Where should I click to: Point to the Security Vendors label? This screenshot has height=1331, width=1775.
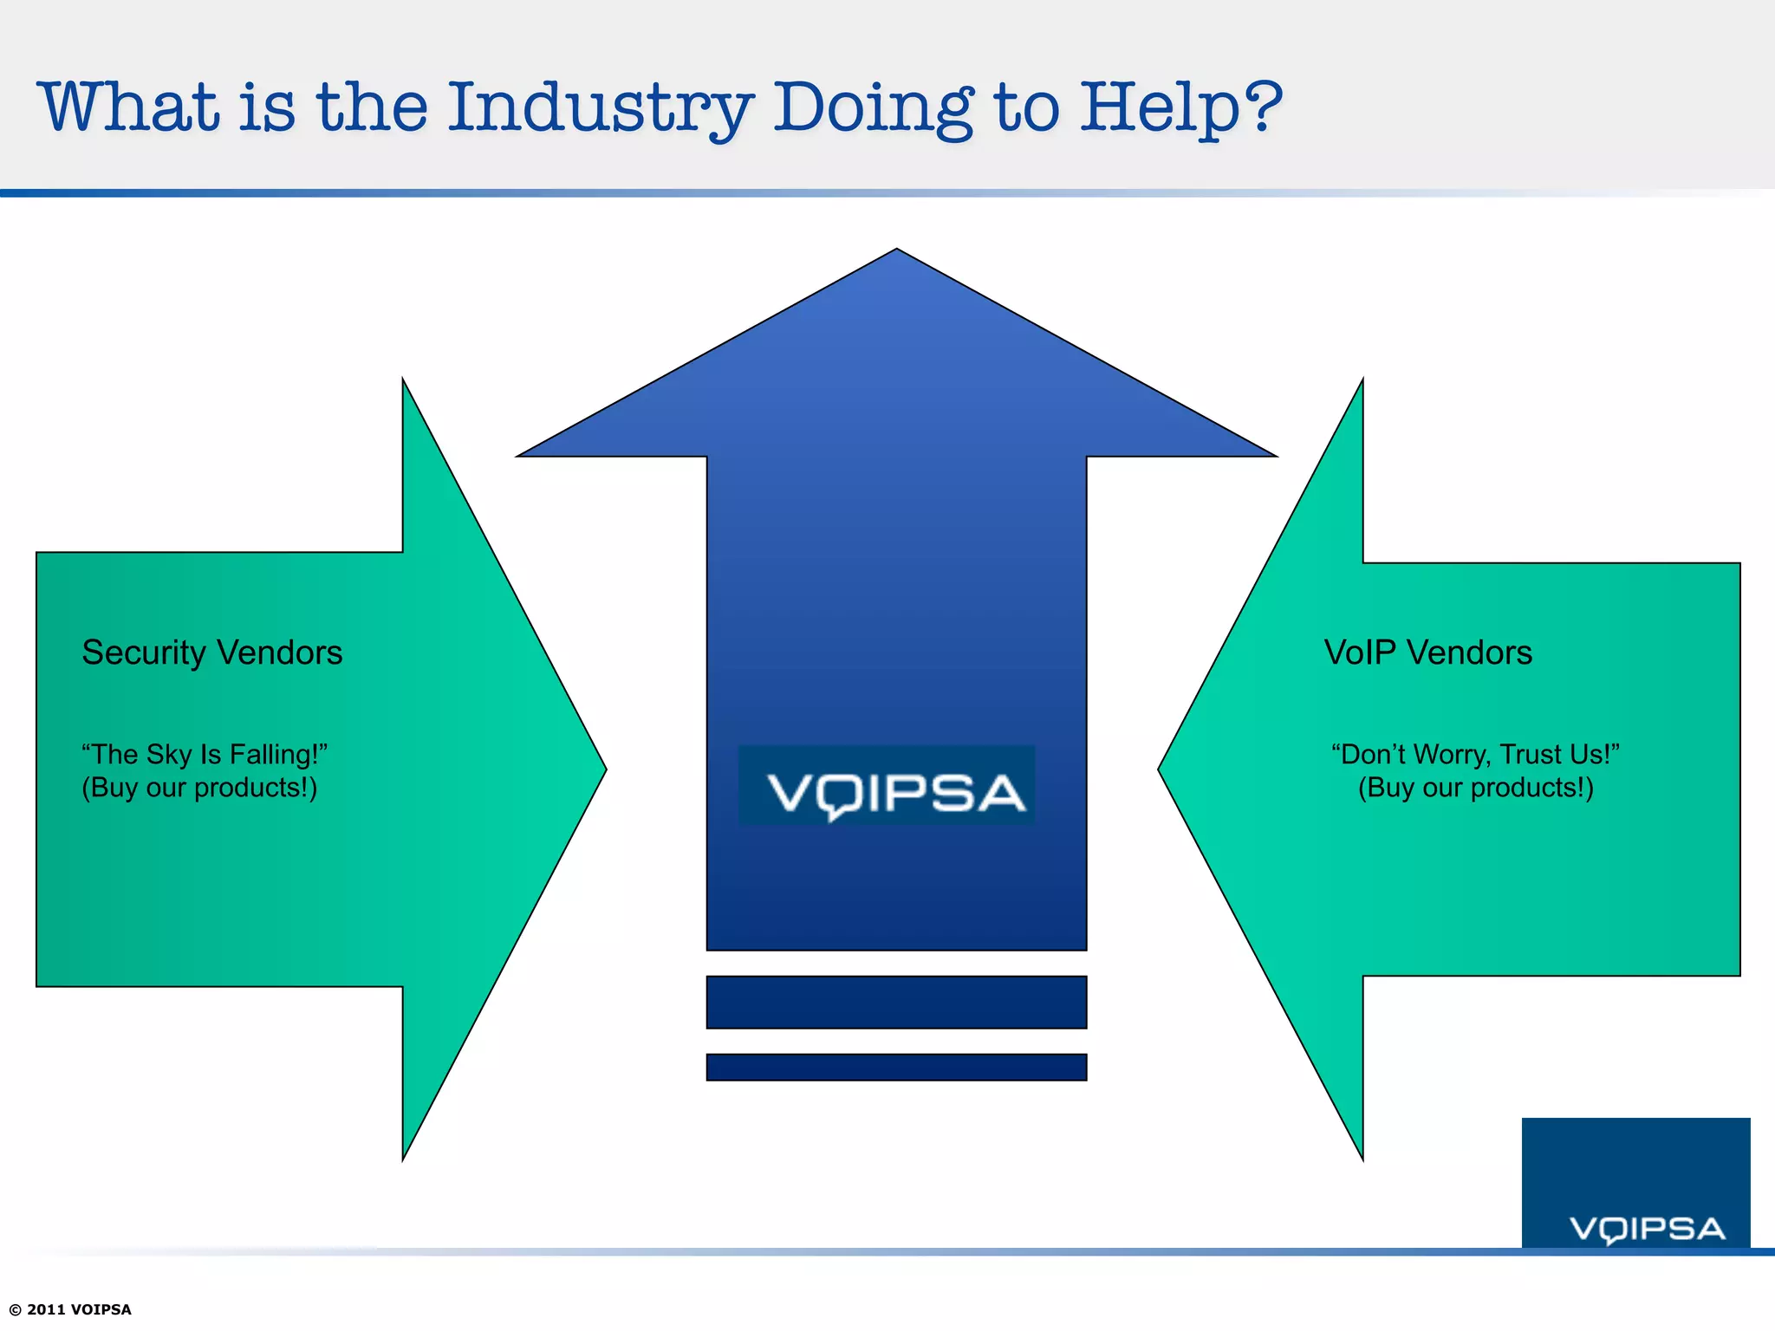(x=212, y=653)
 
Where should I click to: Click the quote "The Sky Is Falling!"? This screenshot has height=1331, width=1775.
(x=205, y=754)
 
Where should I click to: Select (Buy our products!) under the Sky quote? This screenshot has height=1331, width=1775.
(x=199, y=788)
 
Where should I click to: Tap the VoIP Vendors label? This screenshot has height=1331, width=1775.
(x=1427, y=653)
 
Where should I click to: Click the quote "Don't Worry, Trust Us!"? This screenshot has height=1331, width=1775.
(x=1475, y=754)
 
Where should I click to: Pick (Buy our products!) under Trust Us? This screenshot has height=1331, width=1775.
(x=1475, y=788)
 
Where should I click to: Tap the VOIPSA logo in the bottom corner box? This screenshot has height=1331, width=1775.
(x=1647, y=1229)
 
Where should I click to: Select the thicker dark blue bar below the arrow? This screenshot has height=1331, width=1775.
(x=896, y=1002)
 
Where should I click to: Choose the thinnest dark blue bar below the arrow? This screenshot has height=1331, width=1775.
(x=896, y=1067)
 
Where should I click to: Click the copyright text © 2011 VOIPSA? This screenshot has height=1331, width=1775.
(x=70, y=1309)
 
